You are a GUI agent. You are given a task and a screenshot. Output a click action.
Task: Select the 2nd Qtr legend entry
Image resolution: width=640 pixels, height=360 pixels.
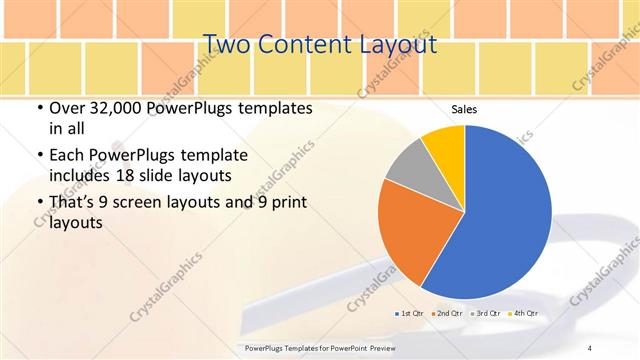[x=446, y=314]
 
